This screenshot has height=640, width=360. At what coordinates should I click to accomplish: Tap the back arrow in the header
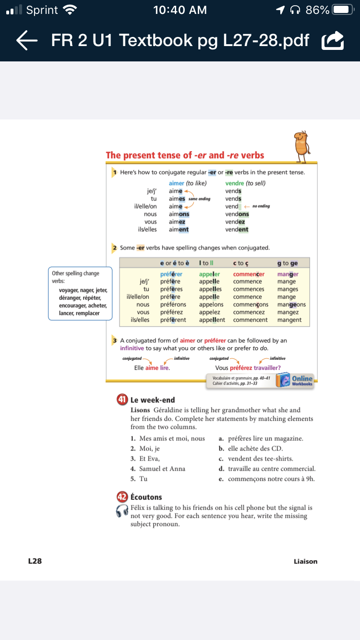click(x=27, y=40)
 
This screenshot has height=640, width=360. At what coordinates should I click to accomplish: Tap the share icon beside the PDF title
click(x=333, y=41)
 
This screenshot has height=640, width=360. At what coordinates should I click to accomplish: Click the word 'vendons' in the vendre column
click(x=237, y=214)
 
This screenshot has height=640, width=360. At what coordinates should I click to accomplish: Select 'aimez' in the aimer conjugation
click(x=177, y=222)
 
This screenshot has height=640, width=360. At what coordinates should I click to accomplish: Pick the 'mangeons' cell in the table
click(x=291, y=305)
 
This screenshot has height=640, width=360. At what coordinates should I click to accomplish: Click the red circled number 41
click(x=122, y=400)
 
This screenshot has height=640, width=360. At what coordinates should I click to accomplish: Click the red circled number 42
click(x=122, y=497)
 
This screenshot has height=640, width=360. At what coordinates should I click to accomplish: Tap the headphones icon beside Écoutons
click(x=122, y=511)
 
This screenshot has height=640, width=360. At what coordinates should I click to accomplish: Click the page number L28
click(x=35, y=561)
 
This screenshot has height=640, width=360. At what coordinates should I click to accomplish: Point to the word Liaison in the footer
click(x=305, y=561)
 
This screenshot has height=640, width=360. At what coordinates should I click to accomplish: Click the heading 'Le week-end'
click(x=153, y=400)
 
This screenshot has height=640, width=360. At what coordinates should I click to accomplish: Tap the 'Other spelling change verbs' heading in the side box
click(x=75, y=277)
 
